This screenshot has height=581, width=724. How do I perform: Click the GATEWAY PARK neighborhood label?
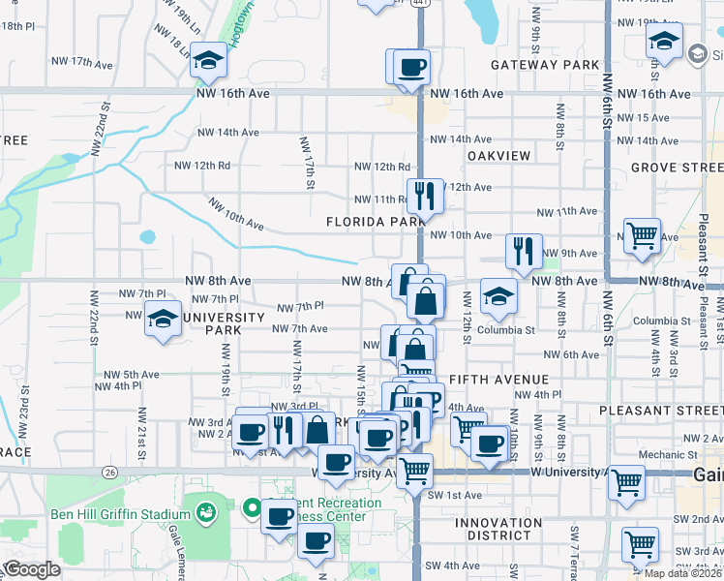click(545, 65)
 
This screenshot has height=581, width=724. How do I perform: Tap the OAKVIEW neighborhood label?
click(498, 156)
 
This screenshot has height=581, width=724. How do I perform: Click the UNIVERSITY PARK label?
click(224, 323)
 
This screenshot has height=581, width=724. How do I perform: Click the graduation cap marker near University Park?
click(163, 319)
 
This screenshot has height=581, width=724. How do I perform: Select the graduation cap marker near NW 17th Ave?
click(208, 61)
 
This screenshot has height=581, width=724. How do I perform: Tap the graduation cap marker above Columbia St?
click(498, 295)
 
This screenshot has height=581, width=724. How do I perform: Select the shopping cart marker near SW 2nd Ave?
click(640, 544)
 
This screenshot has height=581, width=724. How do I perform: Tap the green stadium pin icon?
click(205, 510)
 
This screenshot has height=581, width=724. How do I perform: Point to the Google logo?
click(32, 568)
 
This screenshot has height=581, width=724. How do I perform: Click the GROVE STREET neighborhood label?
click(677, 168)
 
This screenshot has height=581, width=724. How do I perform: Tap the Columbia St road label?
click(508, 330)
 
